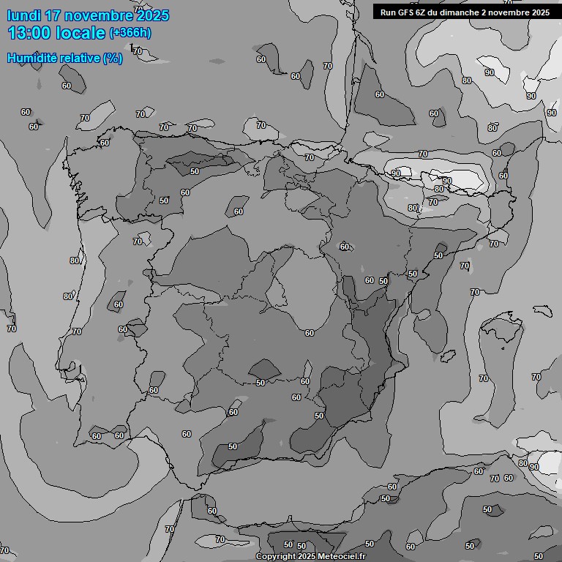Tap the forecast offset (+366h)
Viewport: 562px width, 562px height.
[x=130, y=33]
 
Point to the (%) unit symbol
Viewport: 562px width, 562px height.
[x=112, y=58]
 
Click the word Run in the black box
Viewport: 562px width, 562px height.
[x=388, y=12]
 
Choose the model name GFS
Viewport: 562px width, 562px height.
[x=406, y=12]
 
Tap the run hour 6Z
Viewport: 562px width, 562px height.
[x=424, y=12]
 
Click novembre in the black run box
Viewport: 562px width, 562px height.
[x=510, y=12]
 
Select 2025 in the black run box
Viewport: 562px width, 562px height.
[x=541, y=12]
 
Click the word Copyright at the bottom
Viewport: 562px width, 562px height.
[x=274, y=557]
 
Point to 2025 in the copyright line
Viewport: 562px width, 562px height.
[x=307, y=557]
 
